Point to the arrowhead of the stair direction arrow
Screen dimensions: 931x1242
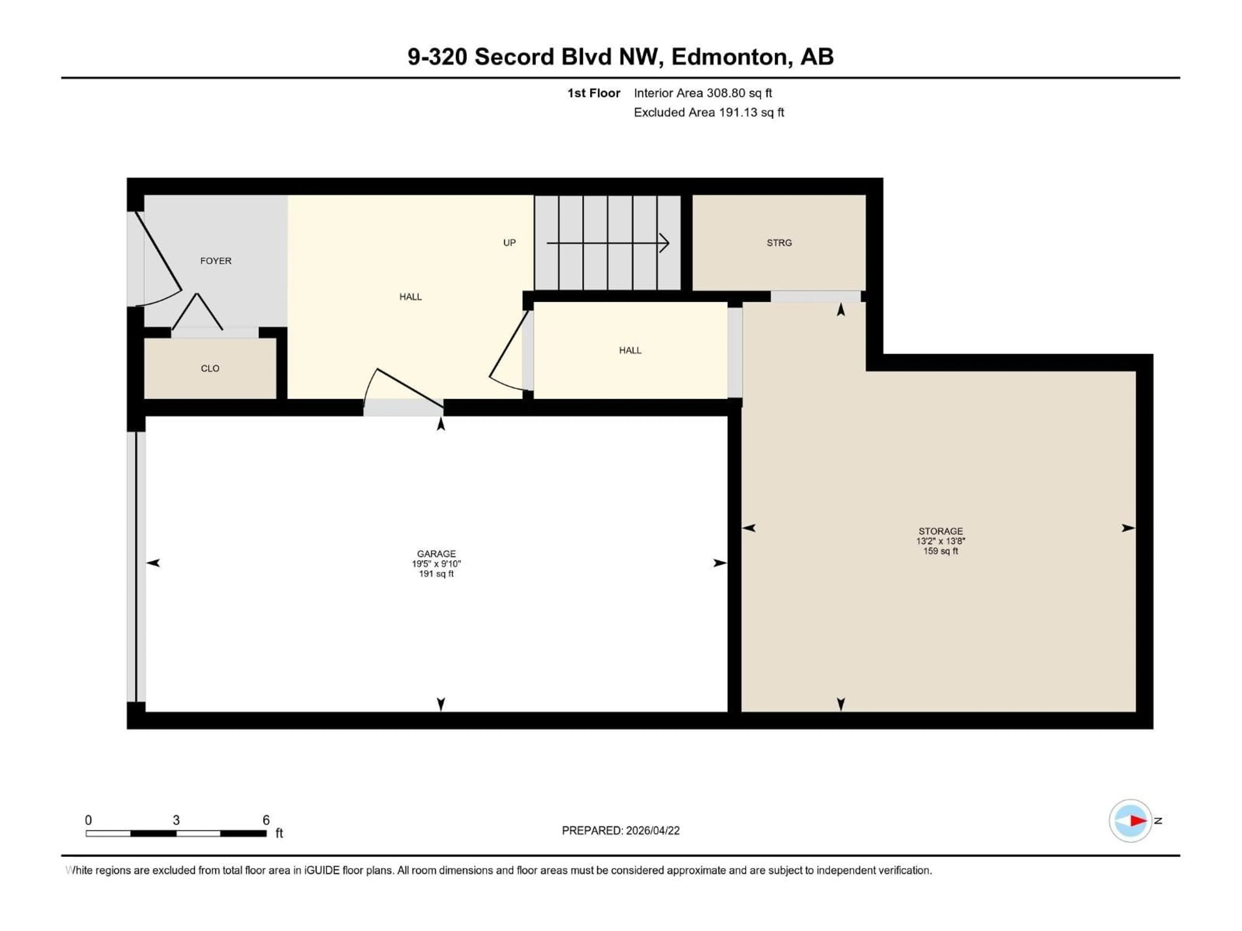tap(665, 243)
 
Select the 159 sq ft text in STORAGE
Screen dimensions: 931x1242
tap(941, 551)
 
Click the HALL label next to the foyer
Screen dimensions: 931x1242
tap(410, 297)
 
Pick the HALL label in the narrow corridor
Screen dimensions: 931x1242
tap(630, 350)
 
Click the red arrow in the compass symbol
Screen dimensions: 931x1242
tap(1138, 820)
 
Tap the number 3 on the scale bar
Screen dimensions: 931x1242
tap(176, 820)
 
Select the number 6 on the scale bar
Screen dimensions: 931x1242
tap(266, 820)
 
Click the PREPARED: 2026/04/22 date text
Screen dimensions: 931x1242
tap(620, 830)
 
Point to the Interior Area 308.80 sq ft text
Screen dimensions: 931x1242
tap(703, 93)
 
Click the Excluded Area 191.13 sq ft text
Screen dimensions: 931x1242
tap(709, 112)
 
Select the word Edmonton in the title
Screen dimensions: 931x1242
tap(729, 57)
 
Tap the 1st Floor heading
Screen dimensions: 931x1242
tap(594, 93)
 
